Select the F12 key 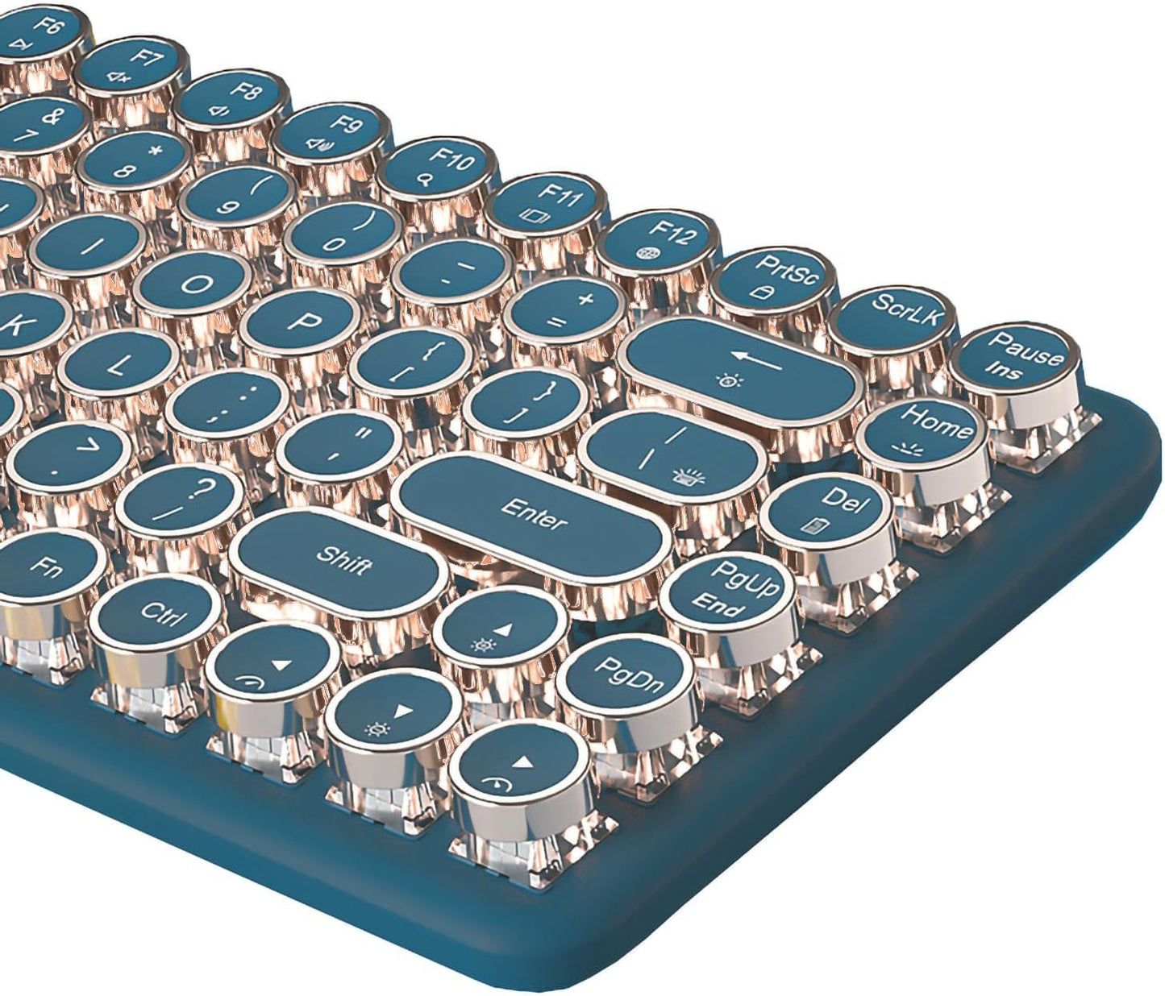(x=660, y=243)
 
